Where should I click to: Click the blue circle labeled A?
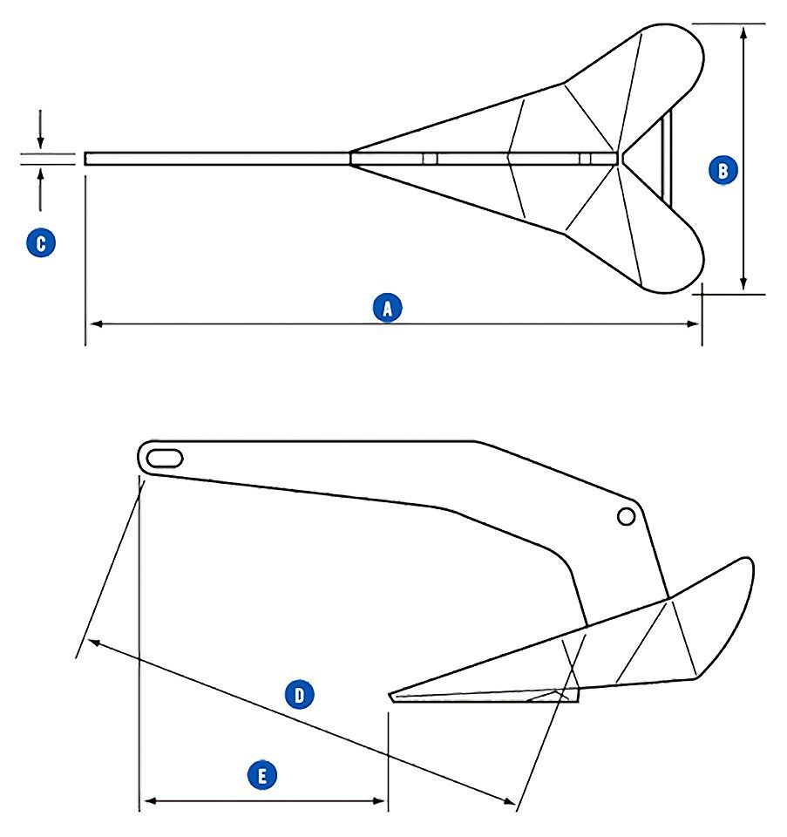(387, 307)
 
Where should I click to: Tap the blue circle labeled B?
(723, 169)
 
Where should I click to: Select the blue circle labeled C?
(40, 242)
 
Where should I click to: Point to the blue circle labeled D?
(299, 694)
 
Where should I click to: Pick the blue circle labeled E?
(262, 773)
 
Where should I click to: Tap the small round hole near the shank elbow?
(625, 516)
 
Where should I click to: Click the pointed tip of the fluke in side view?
(391, 695)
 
